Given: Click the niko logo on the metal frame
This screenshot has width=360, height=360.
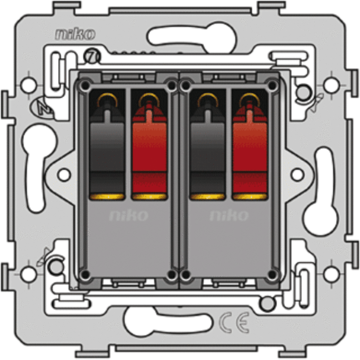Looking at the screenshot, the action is [x=75, y=34].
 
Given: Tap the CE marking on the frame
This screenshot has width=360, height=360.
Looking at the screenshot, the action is [x=234, y=322].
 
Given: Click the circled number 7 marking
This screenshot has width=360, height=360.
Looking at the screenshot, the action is [x=92, y=56].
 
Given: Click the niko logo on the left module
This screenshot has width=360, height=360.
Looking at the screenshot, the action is [x=129, y=216].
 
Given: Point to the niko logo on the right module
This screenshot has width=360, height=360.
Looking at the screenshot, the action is [x=229, y=216].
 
